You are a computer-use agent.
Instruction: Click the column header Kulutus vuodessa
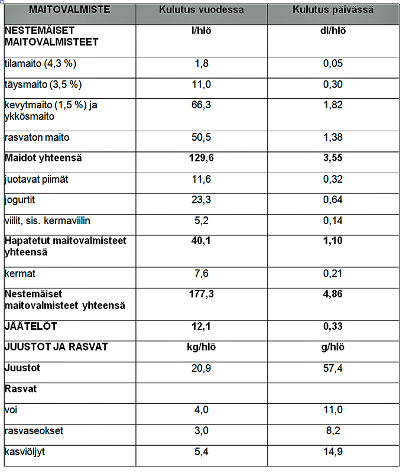(201, 11)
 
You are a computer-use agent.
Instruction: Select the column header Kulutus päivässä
(333, 11)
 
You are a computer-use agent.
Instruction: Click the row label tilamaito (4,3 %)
(39, 64)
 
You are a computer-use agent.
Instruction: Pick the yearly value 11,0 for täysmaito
(201, 85)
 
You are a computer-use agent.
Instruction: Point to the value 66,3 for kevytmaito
(201, 105)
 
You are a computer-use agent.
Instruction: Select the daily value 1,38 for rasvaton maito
(333, 137)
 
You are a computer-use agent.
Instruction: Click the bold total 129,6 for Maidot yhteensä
(201, 158)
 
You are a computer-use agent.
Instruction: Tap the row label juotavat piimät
(37, 179)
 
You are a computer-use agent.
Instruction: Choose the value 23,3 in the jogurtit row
(201, 200)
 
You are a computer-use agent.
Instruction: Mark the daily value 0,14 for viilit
(333, 221)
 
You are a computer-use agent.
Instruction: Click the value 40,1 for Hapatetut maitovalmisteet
(201, 241)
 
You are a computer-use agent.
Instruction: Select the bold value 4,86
(333, 294)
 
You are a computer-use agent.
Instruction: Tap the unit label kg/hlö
(201, 346)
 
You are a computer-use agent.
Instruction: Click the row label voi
(11, 410)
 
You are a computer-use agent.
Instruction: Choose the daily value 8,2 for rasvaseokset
(333, 430)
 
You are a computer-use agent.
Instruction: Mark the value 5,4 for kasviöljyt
(201, 452)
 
